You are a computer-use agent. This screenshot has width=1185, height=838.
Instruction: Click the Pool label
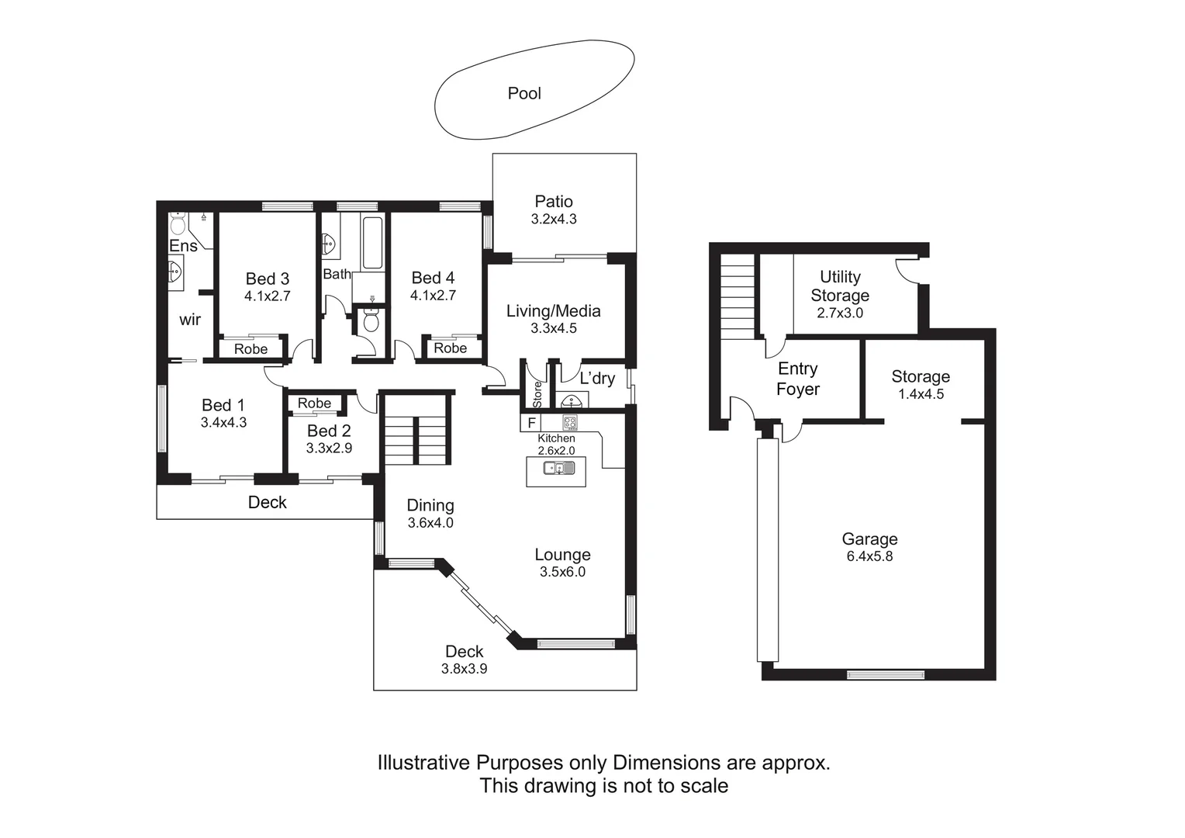pos(524,93)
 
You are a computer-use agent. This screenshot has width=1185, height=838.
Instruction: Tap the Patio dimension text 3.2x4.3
pos(554,220)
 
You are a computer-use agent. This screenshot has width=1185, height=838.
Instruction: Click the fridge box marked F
pos(531,423)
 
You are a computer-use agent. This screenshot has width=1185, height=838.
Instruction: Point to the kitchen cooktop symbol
pos(570,423)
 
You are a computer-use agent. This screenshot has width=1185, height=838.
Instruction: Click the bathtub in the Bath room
pos(372,243)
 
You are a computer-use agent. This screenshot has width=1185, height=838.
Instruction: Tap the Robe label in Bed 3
pos(250,349)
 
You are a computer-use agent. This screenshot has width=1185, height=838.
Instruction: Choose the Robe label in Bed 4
pos(450,348)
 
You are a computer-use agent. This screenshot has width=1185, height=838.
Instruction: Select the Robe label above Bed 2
pos(314,403)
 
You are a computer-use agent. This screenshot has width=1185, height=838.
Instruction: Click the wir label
pos(190,320)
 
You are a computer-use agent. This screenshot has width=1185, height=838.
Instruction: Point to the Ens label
pos(183,246)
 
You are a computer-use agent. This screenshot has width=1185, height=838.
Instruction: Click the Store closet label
pos(537,393)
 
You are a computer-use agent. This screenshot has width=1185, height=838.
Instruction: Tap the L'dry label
pos(597,378)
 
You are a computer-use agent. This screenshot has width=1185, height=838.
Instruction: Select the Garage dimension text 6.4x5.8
pos(869,556)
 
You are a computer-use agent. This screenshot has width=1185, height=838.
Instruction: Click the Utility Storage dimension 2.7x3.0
pos(840,313)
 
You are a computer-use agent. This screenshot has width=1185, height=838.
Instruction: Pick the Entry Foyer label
pos(798,379)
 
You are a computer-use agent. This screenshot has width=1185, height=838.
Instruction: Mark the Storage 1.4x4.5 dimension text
pos(921,394)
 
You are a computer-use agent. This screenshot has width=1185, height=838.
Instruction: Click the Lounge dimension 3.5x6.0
pos(562,573)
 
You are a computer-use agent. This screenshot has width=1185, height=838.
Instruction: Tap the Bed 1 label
pos(223,405)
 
